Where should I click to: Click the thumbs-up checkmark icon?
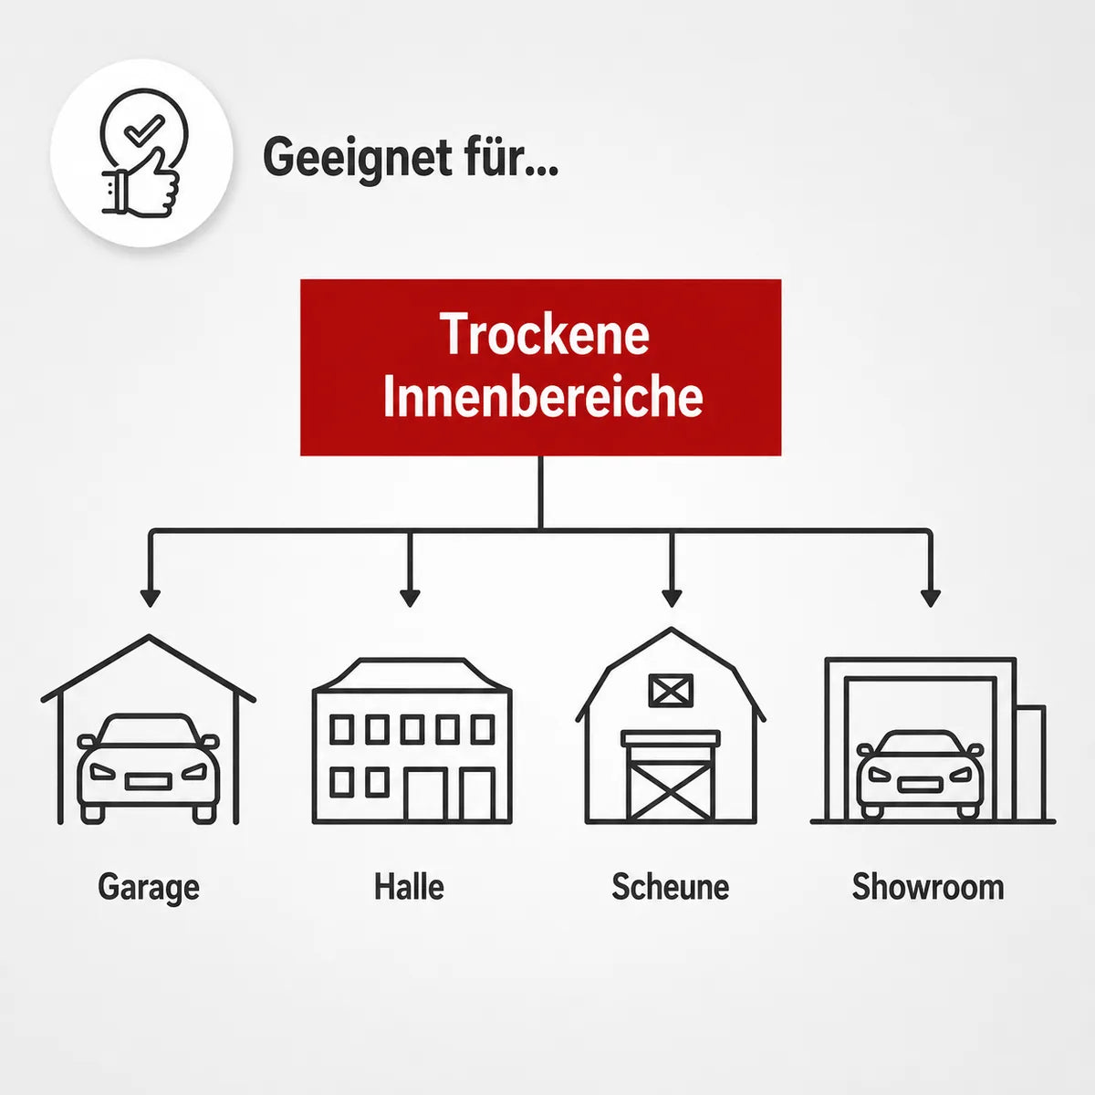[x=141, y=152]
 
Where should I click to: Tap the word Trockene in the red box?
[x=545, y=334]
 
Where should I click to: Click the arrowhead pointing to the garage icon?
[x=150, y=599]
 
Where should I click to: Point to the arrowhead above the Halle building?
[x=410, y=599]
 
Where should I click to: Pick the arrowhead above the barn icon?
[x=672, y=599]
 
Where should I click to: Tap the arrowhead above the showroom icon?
[x=930, y=599]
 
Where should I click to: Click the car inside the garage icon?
[x=149, y=768]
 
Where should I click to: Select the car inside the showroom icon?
[x=920, y=775]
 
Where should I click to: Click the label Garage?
[x=149, y=888]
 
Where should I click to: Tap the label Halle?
[x=409, y=886]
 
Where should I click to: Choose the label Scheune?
[x=671, y=886]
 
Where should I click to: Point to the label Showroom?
[x=928, y=886]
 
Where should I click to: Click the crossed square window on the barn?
[x=671, y=690]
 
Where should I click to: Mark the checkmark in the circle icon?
[x=144, y=129]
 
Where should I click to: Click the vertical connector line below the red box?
[x=540, y=493]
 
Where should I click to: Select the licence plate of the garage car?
[x=149, y=782]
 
